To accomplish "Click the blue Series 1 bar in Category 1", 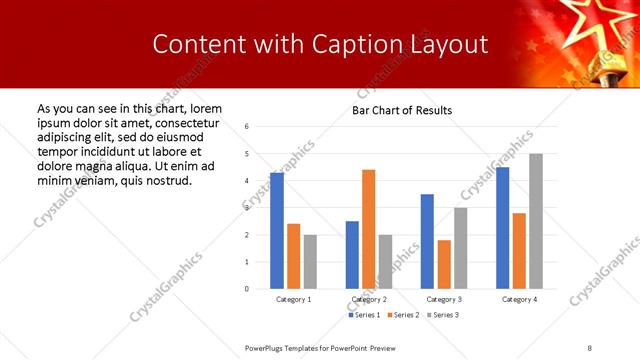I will click(277, 231).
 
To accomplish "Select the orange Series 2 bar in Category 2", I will click(368, 229).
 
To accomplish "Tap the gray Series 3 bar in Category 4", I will click(536, 221).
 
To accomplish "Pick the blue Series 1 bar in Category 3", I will click(427, 241).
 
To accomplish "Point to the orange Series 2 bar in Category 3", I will click(444, 264).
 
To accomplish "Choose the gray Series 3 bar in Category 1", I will click(310, 262).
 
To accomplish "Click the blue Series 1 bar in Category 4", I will click(502, 228).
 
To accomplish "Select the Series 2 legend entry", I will click(403, 315).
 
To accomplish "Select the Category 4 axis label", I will click(519, 299).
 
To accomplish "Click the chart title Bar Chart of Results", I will click(402, 110).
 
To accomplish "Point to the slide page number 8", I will click(589, 347).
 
